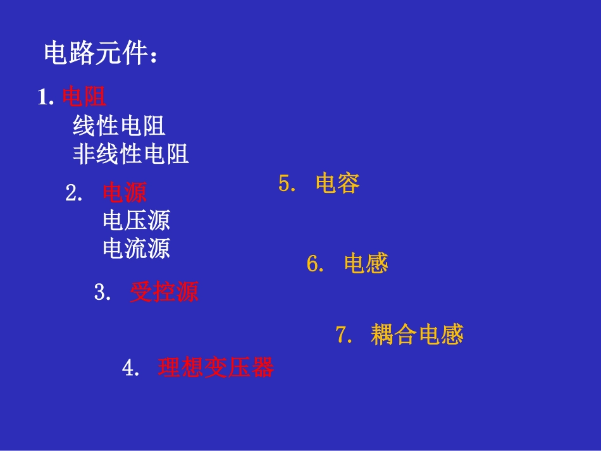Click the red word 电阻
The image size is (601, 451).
84,97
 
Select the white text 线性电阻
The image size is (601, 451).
119,126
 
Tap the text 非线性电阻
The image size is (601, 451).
131,154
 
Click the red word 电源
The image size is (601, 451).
125,192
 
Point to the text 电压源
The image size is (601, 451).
136,220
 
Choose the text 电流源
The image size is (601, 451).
136,248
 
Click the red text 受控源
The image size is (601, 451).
164,292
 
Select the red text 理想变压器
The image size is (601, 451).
216,368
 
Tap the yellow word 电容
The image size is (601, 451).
337,183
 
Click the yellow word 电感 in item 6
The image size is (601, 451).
366,263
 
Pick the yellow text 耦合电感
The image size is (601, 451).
417,335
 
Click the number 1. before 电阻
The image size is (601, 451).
46,97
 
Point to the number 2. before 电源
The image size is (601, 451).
74,193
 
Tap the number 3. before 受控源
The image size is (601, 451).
102,293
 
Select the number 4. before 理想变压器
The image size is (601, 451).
131,368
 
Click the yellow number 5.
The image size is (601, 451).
287,184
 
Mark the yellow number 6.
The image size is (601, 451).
316,264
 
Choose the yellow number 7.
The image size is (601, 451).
344,335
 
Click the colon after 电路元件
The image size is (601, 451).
154,57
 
